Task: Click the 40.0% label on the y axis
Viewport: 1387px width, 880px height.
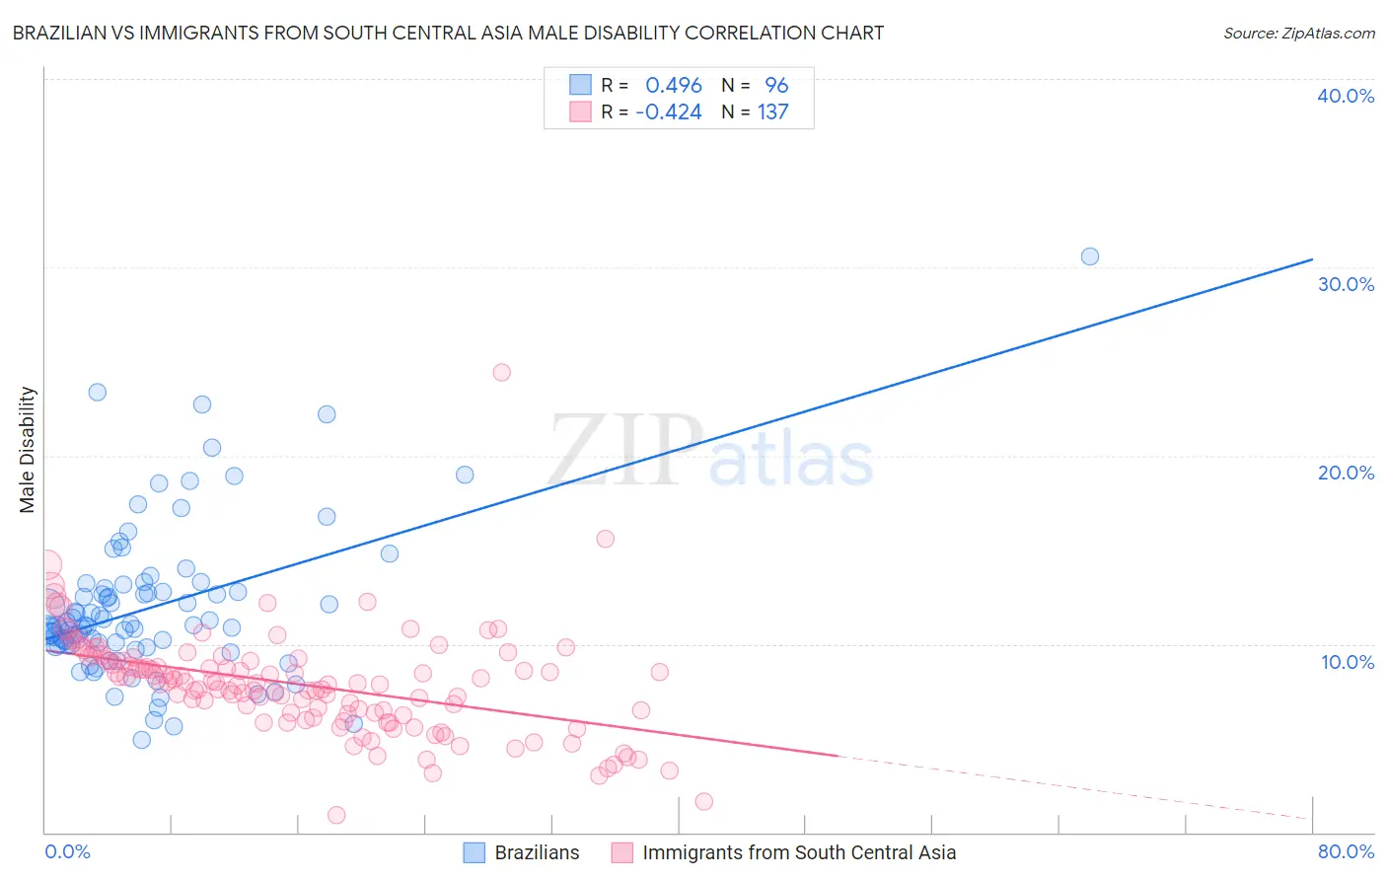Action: tap(1345, 96)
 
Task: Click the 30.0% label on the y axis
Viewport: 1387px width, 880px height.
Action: tap(1345, 284)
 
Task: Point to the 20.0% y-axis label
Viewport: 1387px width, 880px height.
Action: tap(1345, 473)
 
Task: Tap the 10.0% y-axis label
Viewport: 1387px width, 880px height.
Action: tap(1347, 662)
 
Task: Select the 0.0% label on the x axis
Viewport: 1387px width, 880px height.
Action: tap(67, 851)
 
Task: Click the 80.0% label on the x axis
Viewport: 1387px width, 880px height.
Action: tap(1345, 851)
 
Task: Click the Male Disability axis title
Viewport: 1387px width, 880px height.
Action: tap(28, 449)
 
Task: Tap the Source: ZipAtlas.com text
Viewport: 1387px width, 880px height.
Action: tap(1298, 33)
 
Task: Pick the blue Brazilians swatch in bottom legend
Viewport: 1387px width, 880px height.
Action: tap(474, 852)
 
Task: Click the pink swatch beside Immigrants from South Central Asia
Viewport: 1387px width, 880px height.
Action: tap(621, 852)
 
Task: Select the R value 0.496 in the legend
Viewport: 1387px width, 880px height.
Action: tap(673, 86)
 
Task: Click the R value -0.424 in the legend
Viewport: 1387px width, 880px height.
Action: tap(668, 112)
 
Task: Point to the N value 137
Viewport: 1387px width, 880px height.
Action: tap(772, 112)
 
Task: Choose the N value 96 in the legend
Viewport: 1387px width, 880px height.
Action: tap(776, 86)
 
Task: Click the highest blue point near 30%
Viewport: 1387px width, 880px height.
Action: tap(1089, 257)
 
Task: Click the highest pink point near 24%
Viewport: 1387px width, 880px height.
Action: tap(501, 372)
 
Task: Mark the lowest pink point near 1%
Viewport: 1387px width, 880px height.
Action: tap(336, 815)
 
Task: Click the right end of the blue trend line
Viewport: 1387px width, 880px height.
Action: tap(1312, 259)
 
